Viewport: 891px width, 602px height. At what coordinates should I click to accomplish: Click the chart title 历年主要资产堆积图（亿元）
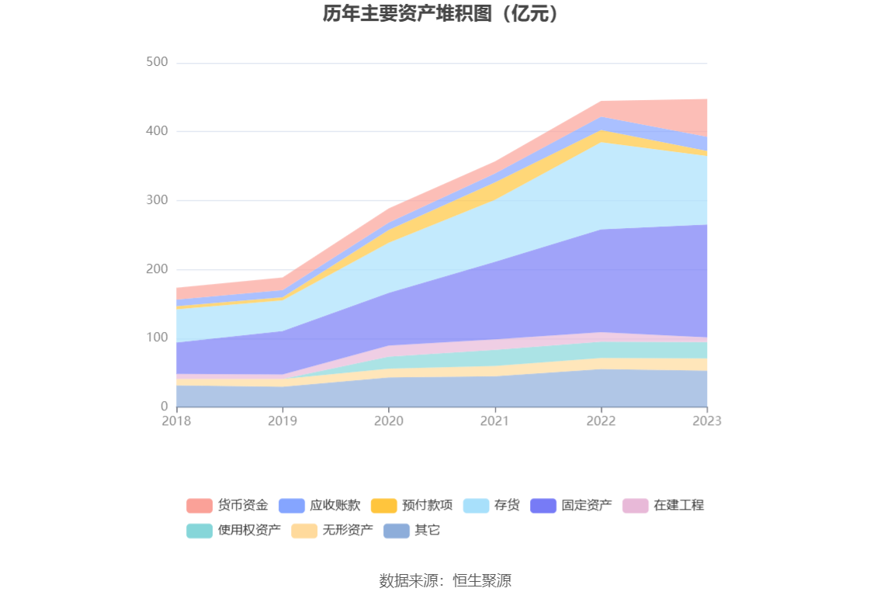(445, 14)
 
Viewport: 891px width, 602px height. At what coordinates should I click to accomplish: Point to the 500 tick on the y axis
(157, 62)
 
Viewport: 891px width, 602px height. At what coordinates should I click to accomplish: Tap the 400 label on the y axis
(157, 131)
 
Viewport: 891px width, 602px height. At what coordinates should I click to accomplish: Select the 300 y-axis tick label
(157, 200)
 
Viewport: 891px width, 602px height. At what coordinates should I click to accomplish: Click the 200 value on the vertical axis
(157, 269)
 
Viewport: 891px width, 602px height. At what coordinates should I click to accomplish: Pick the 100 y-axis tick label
(157, 337)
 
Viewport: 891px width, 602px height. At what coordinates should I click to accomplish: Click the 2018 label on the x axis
(176, 420)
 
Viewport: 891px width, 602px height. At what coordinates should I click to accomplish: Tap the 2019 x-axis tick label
(283, 420)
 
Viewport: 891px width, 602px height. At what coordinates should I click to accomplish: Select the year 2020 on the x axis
(389, 420)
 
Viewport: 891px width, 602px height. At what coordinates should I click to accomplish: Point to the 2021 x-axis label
(494, 420)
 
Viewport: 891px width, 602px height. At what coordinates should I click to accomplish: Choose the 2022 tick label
(601, 420)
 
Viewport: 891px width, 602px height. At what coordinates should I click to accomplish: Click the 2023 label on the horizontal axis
(707, 420)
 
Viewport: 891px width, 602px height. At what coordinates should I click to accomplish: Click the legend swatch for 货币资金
(199, 506)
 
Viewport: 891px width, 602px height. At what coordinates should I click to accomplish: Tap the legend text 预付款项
(427, 506)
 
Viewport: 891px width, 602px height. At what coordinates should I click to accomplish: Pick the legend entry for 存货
(507, 506)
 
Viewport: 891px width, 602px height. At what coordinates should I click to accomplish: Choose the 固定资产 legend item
(587, 506)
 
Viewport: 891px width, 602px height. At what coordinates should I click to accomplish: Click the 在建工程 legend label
(678, 506)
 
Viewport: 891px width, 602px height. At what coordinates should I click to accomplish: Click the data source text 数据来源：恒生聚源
(445, 580)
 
